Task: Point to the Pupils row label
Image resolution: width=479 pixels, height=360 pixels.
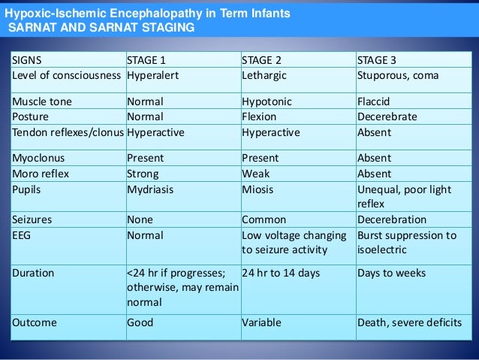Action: (26, 189)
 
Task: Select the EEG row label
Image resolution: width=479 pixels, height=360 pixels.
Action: (21, 235)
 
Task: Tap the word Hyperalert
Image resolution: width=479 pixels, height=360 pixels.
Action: (153, 76)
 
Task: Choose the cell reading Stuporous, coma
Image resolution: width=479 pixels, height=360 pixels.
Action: (398, 76)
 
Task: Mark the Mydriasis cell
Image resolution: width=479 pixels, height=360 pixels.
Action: (150, 189)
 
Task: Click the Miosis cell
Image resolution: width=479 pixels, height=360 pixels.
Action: (258, 189)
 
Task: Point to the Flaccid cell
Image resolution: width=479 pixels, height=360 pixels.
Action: (374, 101)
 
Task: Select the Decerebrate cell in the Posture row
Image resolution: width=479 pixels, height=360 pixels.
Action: (387, 116)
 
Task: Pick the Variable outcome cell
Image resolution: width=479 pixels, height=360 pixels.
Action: (262, 322)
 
